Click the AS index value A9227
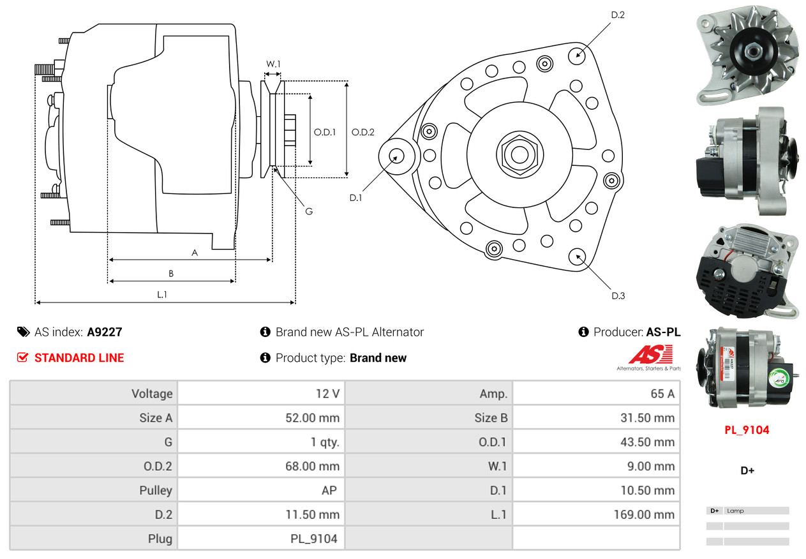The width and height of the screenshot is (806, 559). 104,332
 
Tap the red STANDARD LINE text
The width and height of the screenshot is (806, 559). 79,358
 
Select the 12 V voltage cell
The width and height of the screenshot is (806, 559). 327,394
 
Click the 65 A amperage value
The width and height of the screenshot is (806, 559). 662,394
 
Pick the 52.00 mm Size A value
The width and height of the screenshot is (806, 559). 312,418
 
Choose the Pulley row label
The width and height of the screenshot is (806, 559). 156,491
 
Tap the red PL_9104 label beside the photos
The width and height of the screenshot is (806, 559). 747,430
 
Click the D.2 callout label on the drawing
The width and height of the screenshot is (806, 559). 618,15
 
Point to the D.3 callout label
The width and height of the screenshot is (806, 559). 618,295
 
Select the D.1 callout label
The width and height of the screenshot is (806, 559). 355,198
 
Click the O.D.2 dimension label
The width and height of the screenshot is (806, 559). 363,133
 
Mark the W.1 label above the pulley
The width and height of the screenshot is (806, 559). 273,64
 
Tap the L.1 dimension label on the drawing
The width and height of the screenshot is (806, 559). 162,294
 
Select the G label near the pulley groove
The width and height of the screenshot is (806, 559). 309,211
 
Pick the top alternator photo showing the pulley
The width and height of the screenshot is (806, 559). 747,55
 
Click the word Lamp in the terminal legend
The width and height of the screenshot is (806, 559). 735,511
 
